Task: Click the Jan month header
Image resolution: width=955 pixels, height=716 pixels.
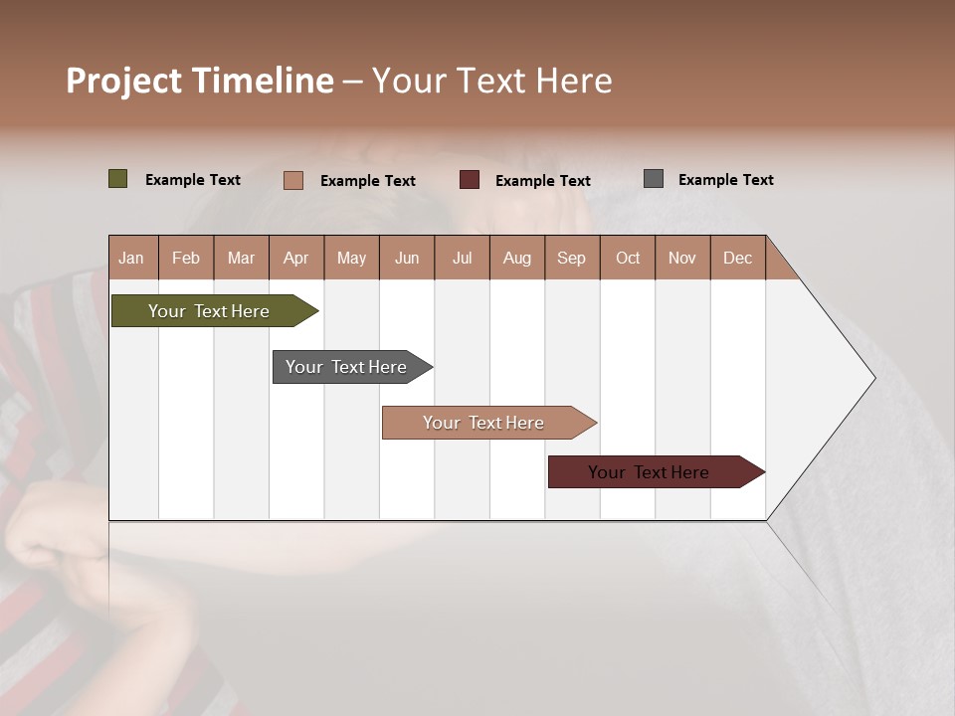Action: [131, 258]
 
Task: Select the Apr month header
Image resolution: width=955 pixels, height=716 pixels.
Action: [295, 258]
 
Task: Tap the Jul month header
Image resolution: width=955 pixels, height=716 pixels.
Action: [462, 258]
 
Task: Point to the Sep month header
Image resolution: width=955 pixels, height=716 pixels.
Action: [571, 258]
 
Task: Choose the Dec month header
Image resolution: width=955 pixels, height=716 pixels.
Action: [737, 258]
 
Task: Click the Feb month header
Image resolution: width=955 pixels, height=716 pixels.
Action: [186, 258]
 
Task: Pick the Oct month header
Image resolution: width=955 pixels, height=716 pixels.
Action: [628, 258]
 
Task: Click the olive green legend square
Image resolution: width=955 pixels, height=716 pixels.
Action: [118, 179]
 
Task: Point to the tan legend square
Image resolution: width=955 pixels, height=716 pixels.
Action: [293, 180]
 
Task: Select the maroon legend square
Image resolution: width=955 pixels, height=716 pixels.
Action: [470, 180]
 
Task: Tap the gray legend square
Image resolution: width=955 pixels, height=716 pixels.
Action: [654, 179]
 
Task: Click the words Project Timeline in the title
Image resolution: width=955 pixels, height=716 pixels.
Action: [200, 81]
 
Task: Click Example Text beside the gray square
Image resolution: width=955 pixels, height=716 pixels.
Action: [725, 180]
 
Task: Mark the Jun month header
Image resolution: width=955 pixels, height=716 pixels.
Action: [407, 258]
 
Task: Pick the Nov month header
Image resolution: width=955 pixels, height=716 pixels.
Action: [682, 258]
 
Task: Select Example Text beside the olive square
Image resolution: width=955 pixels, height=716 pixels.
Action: [193, 180]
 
